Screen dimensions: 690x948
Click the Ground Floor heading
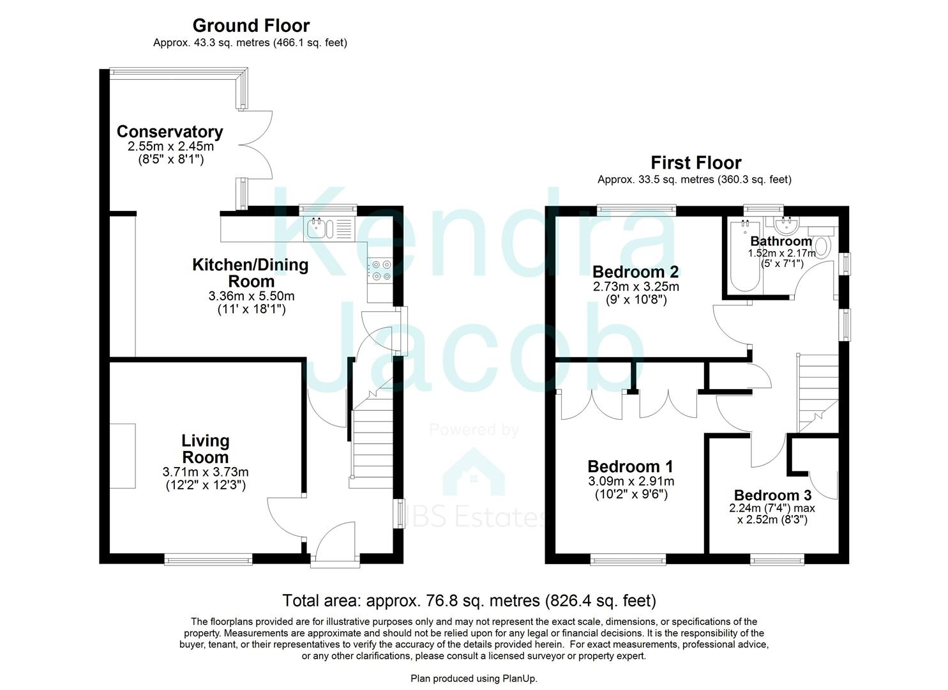point(250,26)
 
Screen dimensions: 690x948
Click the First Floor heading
point(695,163)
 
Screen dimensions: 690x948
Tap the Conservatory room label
point(170,132)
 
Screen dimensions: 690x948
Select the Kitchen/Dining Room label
point(250,273)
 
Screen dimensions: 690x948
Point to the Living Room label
point(205,448)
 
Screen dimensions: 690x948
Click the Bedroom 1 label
point(629,466)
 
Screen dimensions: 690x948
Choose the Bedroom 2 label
point(635,272)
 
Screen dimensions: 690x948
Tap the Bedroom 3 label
point(772,495)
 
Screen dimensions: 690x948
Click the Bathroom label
point(780,241)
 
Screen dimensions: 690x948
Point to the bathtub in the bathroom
point(742,256)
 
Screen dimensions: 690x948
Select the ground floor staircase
point(371,434)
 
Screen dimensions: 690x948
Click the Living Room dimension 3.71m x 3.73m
point(205,472)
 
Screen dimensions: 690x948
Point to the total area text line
point(469,601)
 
